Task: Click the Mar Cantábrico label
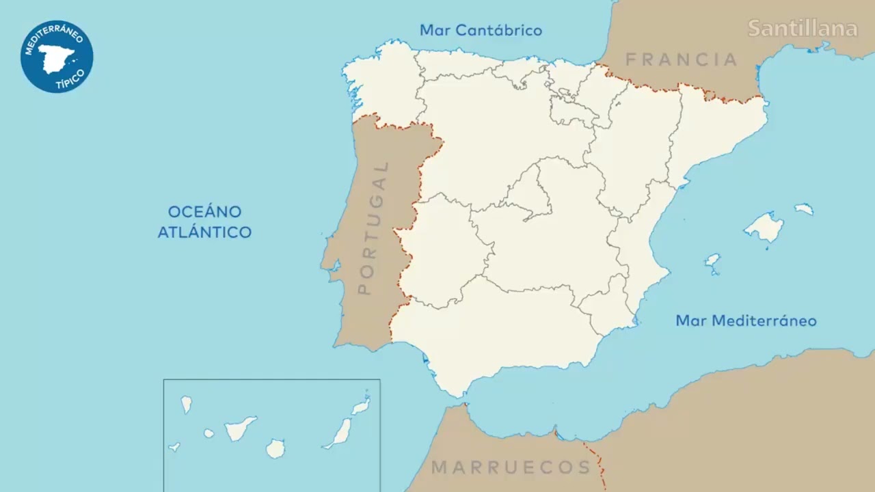click(481, 31)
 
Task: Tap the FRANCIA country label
click(682, 60)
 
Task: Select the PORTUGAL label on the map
click(373, 228)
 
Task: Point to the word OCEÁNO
click(204, 212)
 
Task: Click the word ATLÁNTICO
click(204, 232)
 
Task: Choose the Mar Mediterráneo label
click(746, 320)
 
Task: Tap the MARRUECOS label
click(511, 467)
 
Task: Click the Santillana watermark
click(802, 29)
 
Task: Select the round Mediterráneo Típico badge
click(57, 57)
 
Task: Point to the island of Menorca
click(804, 209)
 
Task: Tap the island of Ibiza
click(712, 261)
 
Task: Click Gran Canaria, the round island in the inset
click(275, 449)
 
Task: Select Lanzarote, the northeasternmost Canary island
click(361, 407)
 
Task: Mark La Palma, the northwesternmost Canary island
click(186, 405)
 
